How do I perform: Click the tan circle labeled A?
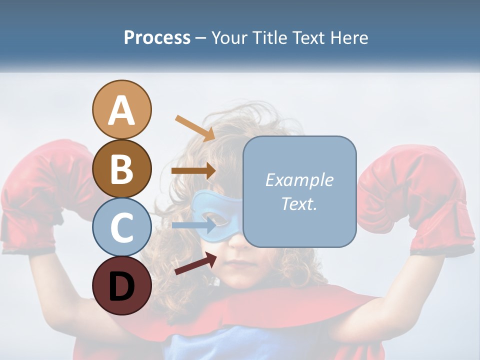pyautogui.click(x=121, y=109)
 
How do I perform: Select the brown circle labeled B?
pyautogui.click(x=121, y=168)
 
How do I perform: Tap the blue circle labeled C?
pyautogui.click(x=121, y=227)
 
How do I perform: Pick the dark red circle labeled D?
pyautogui.click(x=121, y=285)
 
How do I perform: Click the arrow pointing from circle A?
pyautogui.click(x=194, y=127)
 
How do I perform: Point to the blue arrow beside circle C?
pyautogui.click(x=193, y=225)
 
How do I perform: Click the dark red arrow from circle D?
pyautogui.click(x=195, y=263)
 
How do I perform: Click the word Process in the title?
pyautogui.click(x=157, y=37)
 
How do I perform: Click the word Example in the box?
pyautogui.click(x=299, y=180)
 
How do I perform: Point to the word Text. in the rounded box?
pyautogui.click(x=299, y=204)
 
